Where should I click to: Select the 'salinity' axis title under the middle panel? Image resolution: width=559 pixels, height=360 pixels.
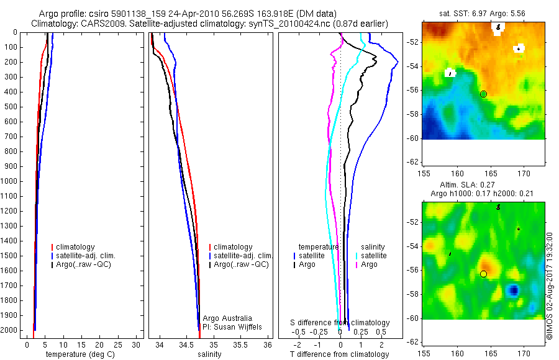[209, 354]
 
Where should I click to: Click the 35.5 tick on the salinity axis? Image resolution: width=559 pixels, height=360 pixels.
[240, 344]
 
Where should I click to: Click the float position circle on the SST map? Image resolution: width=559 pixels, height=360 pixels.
[483, 94]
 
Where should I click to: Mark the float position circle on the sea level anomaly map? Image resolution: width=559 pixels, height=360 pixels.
[483, 274]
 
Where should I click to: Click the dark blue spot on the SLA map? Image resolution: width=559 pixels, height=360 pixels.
[514, 290]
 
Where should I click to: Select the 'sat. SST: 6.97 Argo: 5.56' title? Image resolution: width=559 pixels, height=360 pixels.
[482, 12]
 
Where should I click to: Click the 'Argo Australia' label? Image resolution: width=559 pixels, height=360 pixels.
[227, 318]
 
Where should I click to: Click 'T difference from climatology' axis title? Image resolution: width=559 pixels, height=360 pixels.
[339, 354]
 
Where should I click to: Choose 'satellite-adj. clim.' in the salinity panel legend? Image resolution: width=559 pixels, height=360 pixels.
[243, 256]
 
